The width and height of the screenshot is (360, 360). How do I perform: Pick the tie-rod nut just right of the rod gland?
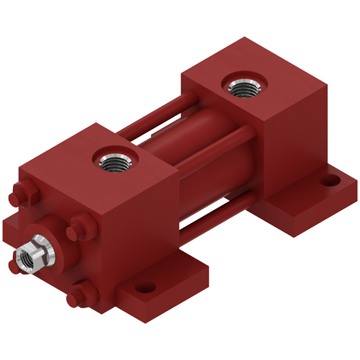(x=79, y=230)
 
